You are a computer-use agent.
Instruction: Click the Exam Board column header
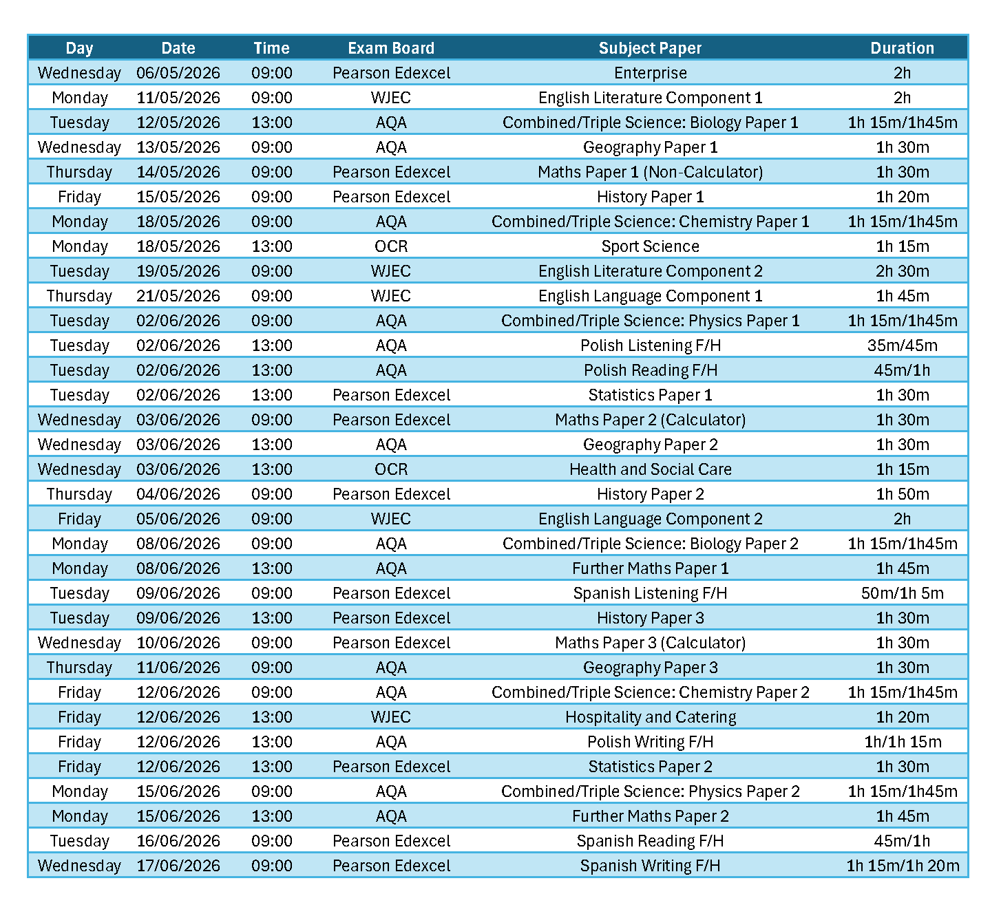coord(391,48)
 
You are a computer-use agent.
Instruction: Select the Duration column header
coord(902,48)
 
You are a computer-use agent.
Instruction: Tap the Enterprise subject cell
coord(650,73)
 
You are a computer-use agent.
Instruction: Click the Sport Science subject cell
coord(650,246)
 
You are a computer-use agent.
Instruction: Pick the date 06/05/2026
coord(178,73)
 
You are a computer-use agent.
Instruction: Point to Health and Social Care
coord(650,469)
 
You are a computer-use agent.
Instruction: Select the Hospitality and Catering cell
coord(650,717)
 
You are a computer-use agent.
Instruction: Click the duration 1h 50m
coord(902,494)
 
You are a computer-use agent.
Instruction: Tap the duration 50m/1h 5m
coord(902,593)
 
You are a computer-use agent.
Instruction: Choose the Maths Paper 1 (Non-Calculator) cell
coord(650,172)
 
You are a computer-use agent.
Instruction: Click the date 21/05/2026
coord(178,296)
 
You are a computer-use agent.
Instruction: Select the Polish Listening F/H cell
coord(650,345)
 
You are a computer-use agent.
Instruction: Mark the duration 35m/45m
coord(902,345)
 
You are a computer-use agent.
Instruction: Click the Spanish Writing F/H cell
coord(650,866)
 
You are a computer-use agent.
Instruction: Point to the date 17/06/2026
coord(178,866)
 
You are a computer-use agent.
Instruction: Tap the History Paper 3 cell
coord(650,618)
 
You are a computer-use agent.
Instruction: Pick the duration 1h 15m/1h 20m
coord(902,866)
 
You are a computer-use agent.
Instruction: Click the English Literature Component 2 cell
coord(650,271)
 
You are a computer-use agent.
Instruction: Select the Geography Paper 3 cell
coord(650,668)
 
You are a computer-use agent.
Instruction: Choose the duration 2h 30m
coord(902,271)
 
